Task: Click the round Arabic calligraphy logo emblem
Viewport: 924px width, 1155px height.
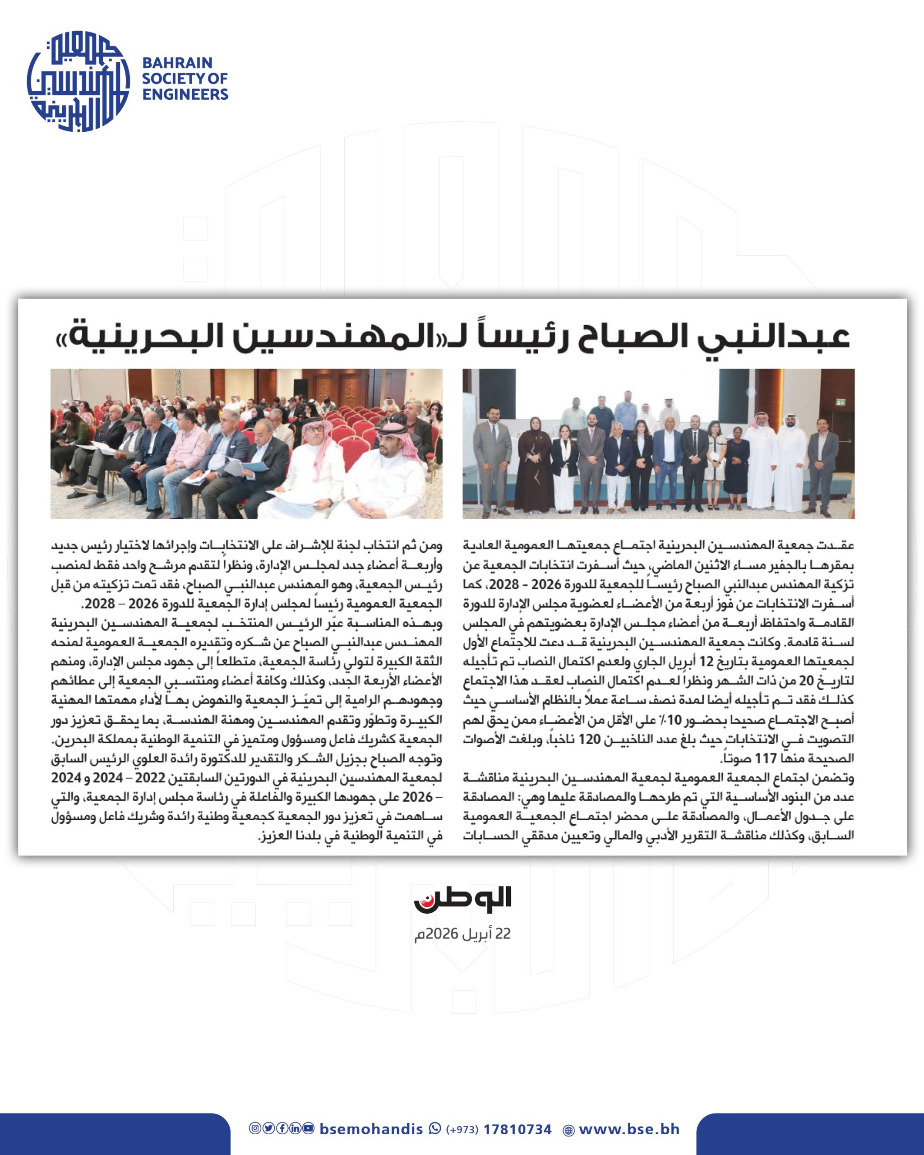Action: point(78,80)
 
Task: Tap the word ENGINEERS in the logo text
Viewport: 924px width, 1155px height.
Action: point(185,94)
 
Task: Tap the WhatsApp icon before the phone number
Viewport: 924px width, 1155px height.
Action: point(435,1129)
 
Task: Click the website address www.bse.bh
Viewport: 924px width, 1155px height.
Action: point(629,1129)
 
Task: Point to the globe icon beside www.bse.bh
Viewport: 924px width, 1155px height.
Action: point(569,1130)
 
